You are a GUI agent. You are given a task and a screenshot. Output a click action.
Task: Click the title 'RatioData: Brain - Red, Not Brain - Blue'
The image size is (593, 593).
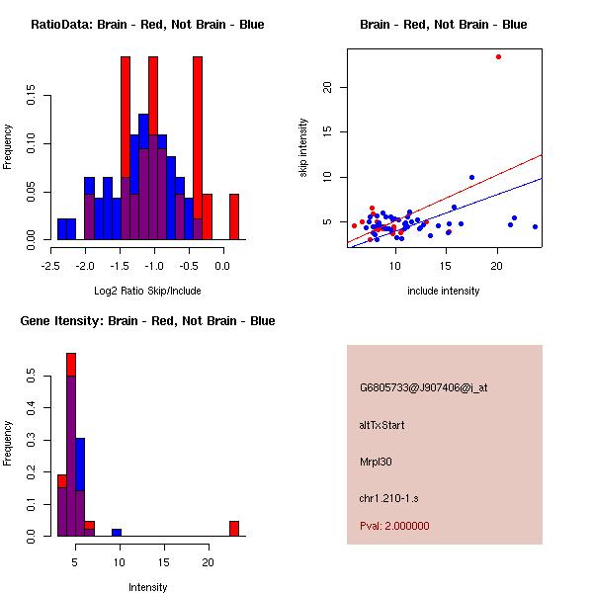click(x=147, y=25)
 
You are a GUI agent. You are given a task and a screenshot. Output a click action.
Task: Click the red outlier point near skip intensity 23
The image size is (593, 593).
click(x=498, y=56)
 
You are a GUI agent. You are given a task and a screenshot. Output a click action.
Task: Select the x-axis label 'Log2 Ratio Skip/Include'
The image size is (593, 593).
click(x=147, y=291)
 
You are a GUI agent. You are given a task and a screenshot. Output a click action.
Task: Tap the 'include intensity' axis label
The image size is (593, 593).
click(x=443, y=291)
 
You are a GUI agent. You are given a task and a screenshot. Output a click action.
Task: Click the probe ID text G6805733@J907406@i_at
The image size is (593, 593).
click(x=423, y=387)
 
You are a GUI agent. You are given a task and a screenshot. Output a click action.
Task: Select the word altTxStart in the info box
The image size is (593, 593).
click(x=382, y=425)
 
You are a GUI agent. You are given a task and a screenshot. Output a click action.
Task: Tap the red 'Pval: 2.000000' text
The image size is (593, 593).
click(x=394, y=526)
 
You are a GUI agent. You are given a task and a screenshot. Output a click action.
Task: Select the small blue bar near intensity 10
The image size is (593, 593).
click(x=117, y=532)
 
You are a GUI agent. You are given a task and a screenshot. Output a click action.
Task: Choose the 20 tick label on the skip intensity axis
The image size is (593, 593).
click(x=327, y=87)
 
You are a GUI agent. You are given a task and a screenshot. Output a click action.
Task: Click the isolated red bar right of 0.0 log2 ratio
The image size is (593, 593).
click(x=234, y=216)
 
